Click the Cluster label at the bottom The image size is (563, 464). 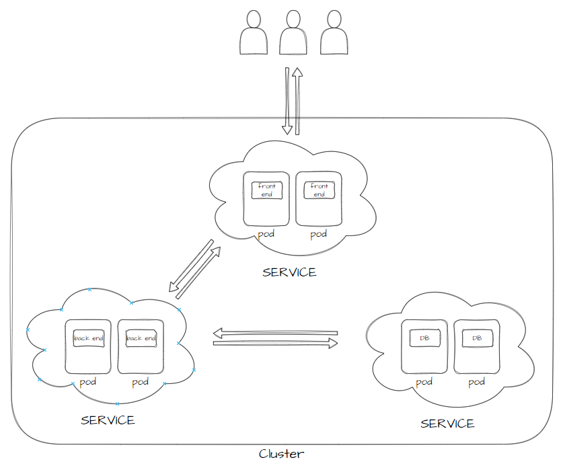(x=281, y=454)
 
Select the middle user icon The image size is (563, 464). (x=293, y=32)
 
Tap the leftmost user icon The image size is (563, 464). (x=254, y=32)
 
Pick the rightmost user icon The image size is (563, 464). (x=334, y=32)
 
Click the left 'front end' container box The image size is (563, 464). (x=267, y=190)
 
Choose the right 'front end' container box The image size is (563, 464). (x=320, y=190)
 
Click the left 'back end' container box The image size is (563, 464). (x=89, y=338)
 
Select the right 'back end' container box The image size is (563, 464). (x=141, y=338)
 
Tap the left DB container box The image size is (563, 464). (x=424, y=338)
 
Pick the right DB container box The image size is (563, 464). (x=477, y=338)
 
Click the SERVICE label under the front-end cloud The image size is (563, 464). (x=289, y=272)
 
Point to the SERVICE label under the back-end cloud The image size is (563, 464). (x=108, y=420)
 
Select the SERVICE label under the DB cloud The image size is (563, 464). (x=447, y=424)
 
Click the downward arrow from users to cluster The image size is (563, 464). (x=287, y=101)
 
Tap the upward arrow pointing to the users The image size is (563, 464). (x=297, y=101)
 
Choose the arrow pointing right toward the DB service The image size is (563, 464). (x=275, y=344)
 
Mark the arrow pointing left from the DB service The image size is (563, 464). (x=275, y=333)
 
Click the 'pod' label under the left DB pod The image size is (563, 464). (x=424, y=382)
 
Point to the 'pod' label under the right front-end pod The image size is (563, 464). (x=318, y=234)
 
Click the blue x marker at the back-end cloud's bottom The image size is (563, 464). (x=117, y=403)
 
